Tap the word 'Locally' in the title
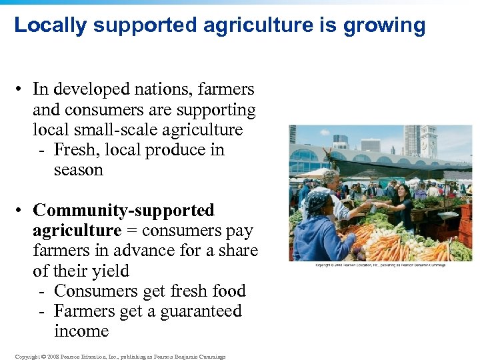click(x=51, y=25)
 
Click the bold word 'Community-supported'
click(x=123, y=211)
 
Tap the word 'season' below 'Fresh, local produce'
click(x=78, y=170)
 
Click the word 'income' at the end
click(x=81, y=331)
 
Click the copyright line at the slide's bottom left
click(x=120, y=357)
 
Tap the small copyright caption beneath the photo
click(x=380, y=265)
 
